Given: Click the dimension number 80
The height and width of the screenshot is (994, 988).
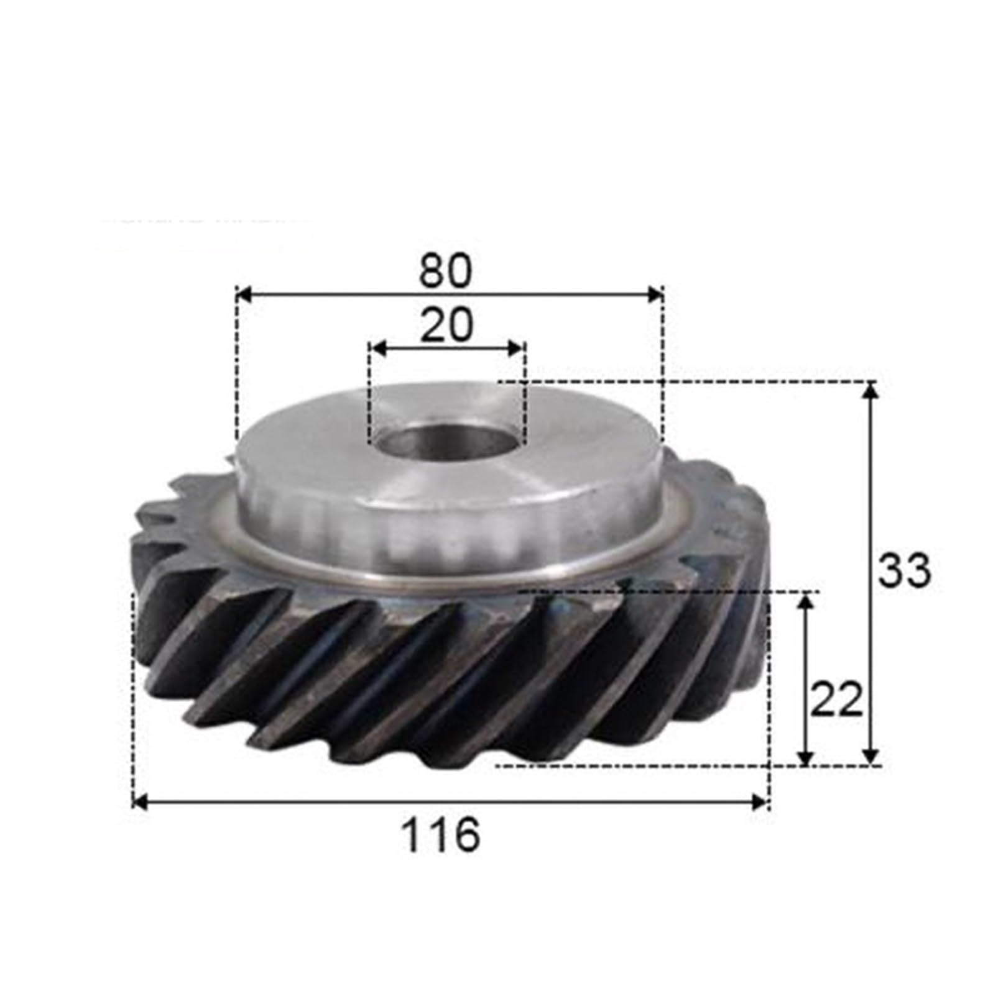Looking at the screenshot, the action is pyautogui.click(x=446, y=271).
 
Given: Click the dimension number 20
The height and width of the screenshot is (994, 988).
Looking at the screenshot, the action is pyautogui.click(x=446, y=326).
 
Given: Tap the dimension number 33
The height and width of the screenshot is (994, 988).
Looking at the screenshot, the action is pyautogui.click(x=904, y=570).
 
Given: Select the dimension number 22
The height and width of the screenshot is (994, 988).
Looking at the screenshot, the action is pyautogui.click(x=837, y=700).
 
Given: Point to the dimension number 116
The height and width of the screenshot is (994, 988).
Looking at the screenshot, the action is pyautogui.click(x=441, y=835).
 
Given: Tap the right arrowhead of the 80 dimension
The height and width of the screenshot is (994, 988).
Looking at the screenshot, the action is pyautogui.click(x=655, y=294).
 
